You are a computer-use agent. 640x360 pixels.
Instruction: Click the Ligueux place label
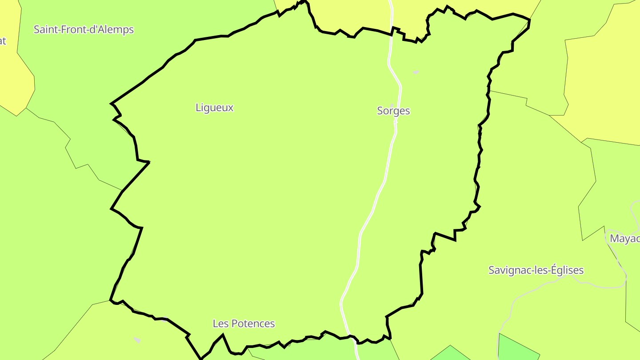coord(214,108)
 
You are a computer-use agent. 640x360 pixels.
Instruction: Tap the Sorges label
coord(393,111)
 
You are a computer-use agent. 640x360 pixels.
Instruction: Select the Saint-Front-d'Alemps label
coord(84,30)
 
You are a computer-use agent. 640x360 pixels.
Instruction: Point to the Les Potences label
coord(244,324)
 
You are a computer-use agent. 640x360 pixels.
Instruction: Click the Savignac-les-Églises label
coord(536,270)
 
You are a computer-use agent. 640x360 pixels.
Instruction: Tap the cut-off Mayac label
coord(625,239)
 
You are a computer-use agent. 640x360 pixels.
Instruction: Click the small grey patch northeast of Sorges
coord(416,72)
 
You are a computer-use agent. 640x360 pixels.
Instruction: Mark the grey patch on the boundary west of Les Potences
coord(164,319)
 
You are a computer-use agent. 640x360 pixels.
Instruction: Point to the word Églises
coord(567,270)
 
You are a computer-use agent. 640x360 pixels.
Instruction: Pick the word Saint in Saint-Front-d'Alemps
coord(45,30)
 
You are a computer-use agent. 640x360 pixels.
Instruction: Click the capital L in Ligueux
coord(198,108)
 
